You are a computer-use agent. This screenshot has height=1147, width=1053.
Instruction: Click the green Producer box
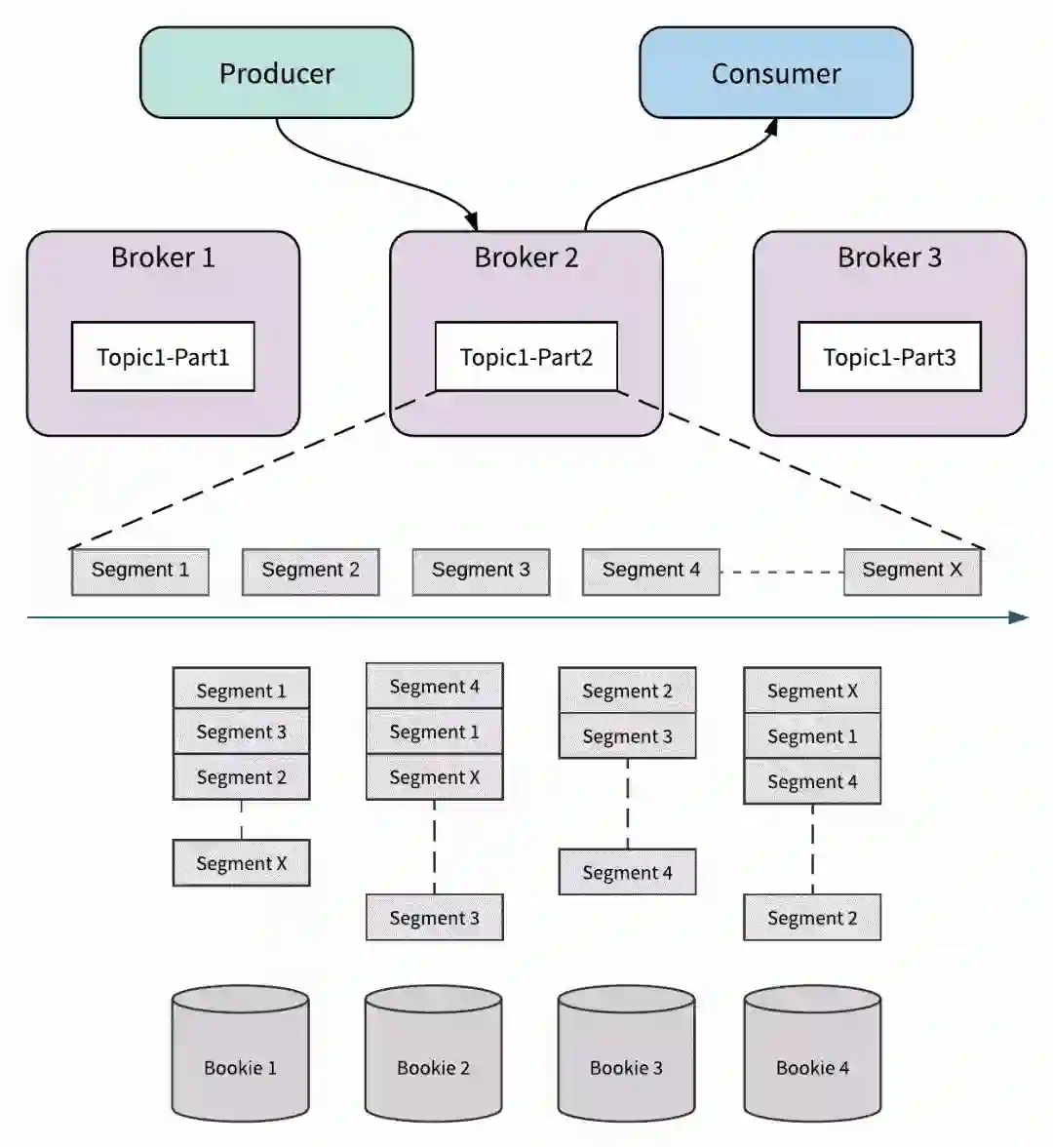pyautogui.click(x=277, y=73)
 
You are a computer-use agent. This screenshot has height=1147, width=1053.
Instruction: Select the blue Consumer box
pyautogui.click(x=776, y=73)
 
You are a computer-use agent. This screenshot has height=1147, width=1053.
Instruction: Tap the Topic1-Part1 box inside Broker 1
pyautogui.click(x=163, y=357)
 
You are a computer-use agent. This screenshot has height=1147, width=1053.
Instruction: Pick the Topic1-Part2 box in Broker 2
pyautogui.click(x=526, y=357)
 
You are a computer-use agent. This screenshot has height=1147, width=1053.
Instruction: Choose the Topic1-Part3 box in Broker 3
pyautogui.click(x=889, y=357)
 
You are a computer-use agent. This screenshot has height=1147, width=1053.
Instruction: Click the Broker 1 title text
pyautogui.click(x=163, y=257)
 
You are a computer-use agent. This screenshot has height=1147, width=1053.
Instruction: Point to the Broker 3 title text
pyautogui.click(x=889, y=257)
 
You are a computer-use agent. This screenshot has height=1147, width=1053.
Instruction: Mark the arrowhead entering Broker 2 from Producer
pyautogui.click(x=473, y=221)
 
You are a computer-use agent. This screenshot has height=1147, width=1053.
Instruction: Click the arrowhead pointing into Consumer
pyautogui.click(x=772, y=127)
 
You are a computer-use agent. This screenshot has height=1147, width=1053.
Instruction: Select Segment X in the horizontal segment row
pyautogui.click(x=912, y=571)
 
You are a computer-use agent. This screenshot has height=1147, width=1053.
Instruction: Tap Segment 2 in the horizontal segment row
pyautogui.click(x=310, y=571)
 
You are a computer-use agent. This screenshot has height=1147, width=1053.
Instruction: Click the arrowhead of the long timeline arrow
pyautogui.click(x=1019, y=617)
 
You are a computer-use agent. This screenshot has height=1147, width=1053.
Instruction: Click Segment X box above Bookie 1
pyautogui.click(x=241, y=863)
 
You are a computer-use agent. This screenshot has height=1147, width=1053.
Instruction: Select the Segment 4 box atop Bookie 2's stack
pyautogui.click(x=434, y=687)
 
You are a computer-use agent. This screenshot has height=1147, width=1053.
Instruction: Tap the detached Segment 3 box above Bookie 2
pyautogui.click(x=434, y=918)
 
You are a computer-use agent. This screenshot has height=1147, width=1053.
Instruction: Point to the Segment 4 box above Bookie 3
pyautogui.click(x=627, y=873)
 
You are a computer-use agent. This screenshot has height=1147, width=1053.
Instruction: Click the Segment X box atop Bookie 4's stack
pyautogui.click(x=812, y=691)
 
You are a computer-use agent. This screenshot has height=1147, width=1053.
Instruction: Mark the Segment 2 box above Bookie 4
pyautogui.click(x=812, y=918)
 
